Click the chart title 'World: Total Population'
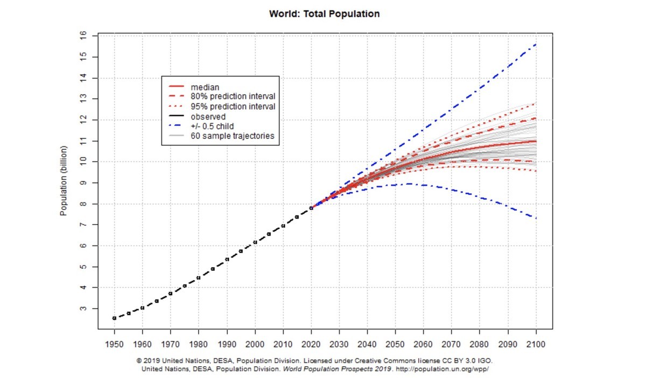point(324,14)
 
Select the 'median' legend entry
point(205,87)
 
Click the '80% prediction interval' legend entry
point(233,96)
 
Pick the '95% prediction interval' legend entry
point(233,107)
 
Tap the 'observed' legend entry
point(208,116)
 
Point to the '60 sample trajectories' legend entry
point(232,136)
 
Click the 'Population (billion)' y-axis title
point(64,180)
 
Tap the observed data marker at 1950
point(114,318)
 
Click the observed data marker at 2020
point(311,208)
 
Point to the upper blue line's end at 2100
point(536,44)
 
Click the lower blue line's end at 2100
point(536,218)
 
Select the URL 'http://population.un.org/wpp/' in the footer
point(442,369)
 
